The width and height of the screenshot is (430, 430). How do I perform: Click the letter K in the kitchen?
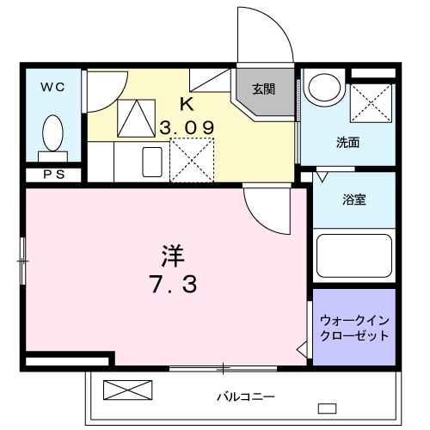[185, 103]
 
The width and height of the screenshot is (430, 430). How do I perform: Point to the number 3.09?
[186, 127]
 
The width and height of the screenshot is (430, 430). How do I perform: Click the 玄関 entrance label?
[263, 88]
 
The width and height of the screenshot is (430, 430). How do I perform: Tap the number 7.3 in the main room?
[169, 284]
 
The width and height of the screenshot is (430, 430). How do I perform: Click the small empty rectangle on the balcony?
[327, 407]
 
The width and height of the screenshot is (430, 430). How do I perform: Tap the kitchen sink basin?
[152, 162]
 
